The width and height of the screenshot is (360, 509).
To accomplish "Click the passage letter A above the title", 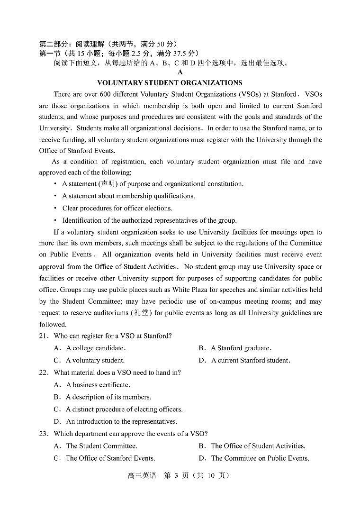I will (x=180, y=72).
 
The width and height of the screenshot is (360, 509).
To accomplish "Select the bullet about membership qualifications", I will (x=128, y=196).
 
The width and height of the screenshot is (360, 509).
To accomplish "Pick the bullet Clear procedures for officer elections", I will (x=117, y=208).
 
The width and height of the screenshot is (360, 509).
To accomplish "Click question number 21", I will (x=44, y=336).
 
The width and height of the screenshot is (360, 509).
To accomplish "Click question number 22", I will (x=44, y=373).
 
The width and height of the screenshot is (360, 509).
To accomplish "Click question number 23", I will (x=44, y=434).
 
